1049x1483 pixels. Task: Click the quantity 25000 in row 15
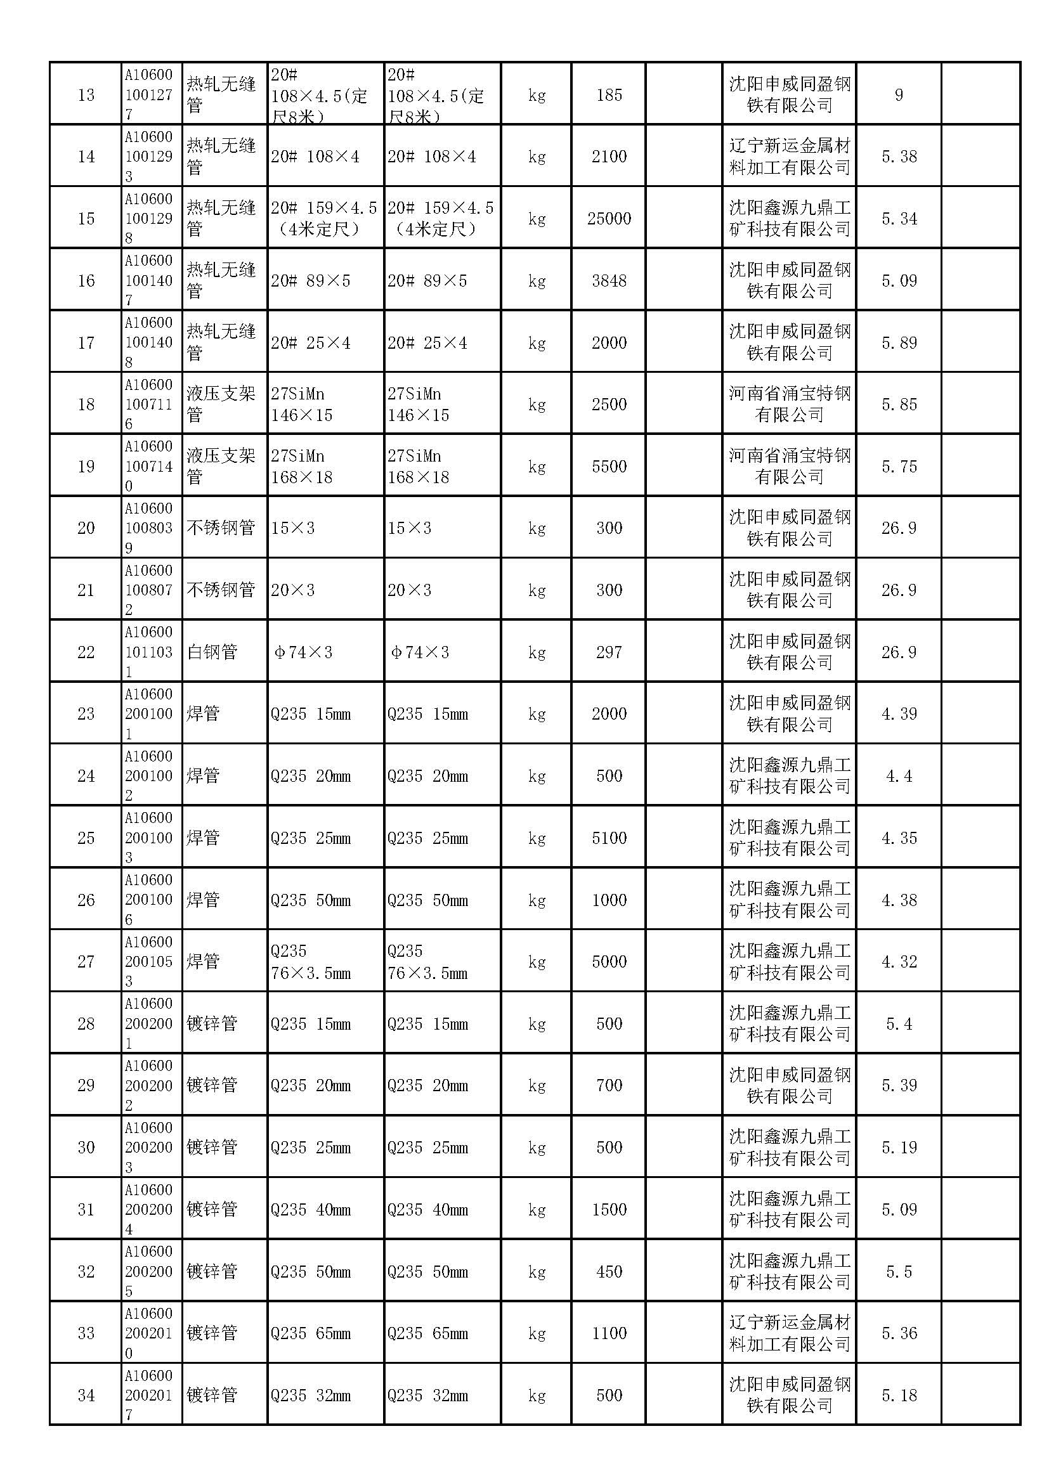(608, 219)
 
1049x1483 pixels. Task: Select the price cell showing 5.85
(899, 405)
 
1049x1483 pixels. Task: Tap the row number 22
(86, 652)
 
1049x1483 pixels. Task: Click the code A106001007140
(148, 467)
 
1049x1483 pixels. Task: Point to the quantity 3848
(608, 281)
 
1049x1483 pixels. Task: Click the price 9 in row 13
(899, 96)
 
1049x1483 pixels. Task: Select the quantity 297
(608, 652)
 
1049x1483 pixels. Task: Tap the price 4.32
(899, 962)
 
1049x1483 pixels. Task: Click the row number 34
(86, 1396)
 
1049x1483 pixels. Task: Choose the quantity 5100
(608, 838)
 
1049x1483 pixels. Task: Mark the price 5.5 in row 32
(899, 1272)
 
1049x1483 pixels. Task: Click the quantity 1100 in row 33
(608, 1333)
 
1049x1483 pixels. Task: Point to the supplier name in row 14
(790, 157)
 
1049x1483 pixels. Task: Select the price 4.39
(899, 714)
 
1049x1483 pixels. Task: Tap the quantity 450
(608, 1272)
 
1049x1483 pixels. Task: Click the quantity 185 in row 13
(608, 96)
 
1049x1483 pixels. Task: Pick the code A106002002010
(148, 1333)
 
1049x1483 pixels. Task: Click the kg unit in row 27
(537, 962)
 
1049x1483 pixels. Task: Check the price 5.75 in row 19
(899, 467)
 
